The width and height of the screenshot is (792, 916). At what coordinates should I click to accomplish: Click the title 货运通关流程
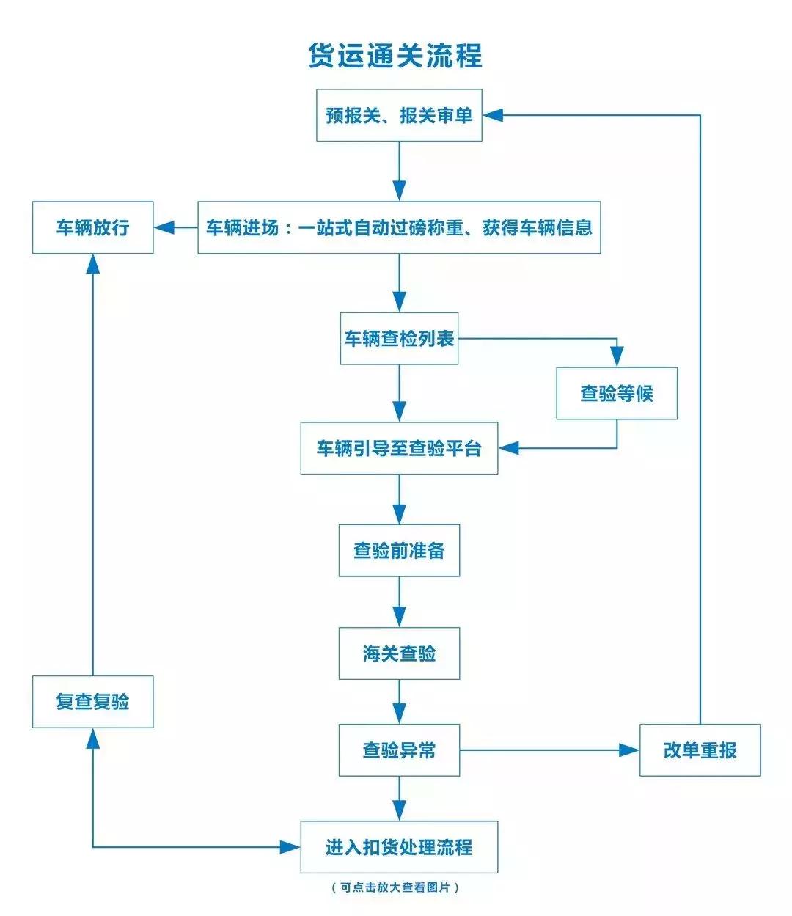[x=395, y=56]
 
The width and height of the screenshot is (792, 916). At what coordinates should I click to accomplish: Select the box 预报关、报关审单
[x=399, y=115]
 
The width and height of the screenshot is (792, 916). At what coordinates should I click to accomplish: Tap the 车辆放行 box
[x=93, y=227]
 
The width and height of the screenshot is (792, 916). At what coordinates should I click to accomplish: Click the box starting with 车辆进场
[x=399, y=227]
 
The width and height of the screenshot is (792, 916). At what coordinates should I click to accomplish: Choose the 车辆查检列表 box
[x=399, y=338]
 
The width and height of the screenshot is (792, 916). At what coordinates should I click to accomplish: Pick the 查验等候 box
[x=616, y=394]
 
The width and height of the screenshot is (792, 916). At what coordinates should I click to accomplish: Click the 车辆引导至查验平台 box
[x=399, y=448]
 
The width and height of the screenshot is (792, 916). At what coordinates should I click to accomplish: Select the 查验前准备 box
[x=399, y=550]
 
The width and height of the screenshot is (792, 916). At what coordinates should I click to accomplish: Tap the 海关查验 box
[x=399, y=653]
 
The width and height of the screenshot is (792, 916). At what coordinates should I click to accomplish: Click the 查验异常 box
[x=399, y=750]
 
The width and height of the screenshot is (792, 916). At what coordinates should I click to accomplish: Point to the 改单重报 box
[x=700, y=750]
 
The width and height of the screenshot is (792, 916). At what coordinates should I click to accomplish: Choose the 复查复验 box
[x=93, y=702]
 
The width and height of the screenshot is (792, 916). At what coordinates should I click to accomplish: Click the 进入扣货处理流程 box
[x=399, y=847]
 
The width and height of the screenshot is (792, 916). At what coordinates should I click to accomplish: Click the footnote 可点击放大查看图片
[x=396, y=887]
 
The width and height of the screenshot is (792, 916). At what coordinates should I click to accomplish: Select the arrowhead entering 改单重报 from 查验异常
[x=629, y=750]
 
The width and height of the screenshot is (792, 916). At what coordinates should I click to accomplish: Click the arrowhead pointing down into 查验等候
[x=617, y=357]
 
